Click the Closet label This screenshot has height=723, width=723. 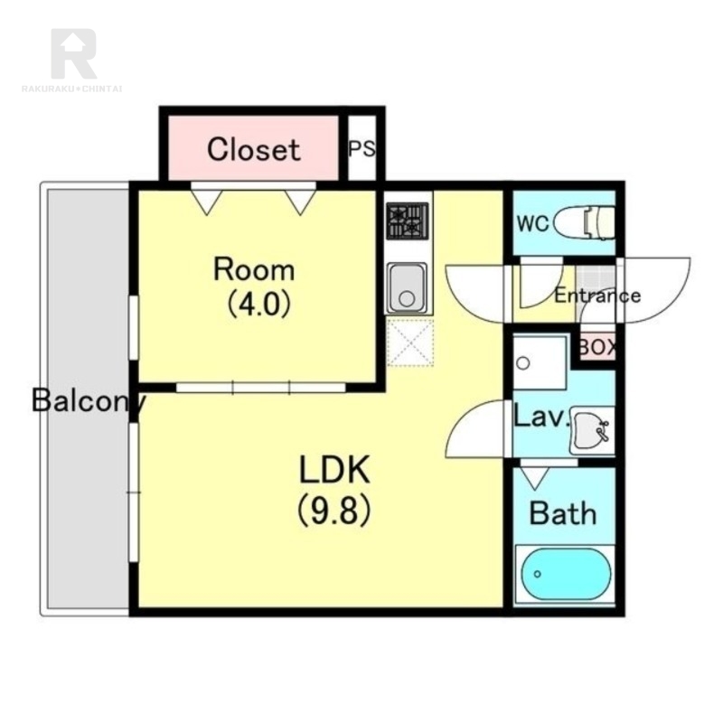coord(254,149)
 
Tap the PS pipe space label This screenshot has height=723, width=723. coord(362,148)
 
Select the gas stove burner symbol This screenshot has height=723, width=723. coord(408,221)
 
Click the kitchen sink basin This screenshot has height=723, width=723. coord(406,288)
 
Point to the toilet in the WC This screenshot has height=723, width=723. coord(584,223)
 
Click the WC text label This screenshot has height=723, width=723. coord(533,223)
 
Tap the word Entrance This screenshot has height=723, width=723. coord(597,296)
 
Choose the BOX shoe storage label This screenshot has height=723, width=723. coord(597,347)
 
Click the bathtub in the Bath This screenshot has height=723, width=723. coord(566,574)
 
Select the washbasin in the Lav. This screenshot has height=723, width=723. coord(593,431)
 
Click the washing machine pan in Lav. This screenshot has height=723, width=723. coord(540,363)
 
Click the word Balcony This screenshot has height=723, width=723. coord(89,400)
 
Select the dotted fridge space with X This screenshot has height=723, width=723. coord(410,343)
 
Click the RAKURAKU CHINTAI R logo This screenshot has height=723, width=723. coord(73,53)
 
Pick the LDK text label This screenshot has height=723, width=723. coord(334,469)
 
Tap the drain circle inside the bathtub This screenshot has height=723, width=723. coord(537,574)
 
